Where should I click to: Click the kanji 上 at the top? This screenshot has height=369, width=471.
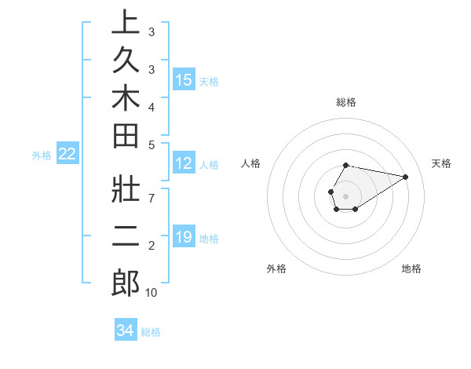coord(126,24)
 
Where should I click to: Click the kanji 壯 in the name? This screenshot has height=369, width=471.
coord(126,189)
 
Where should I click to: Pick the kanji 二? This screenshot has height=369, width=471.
coord(126,236)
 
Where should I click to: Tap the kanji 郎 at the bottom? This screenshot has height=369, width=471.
coord(126,282)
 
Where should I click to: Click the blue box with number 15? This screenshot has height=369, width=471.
coord(184,79)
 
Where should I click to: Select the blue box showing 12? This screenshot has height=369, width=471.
coord(184,163)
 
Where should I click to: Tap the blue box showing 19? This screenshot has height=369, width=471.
coord(184,236)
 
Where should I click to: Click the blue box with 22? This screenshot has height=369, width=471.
coord(67,154)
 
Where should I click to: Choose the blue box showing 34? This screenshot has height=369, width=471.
coord(125,331)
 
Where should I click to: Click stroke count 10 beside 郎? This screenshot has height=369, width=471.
coord(152,293)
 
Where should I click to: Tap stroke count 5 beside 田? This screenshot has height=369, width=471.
coord(152,144)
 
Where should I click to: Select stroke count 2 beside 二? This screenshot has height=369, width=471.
coord(152,247)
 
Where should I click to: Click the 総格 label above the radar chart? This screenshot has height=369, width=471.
coord(346,102)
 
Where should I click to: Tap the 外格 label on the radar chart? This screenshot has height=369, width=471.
coord(276,269)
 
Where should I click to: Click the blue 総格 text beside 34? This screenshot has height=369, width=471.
coord(151,332)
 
